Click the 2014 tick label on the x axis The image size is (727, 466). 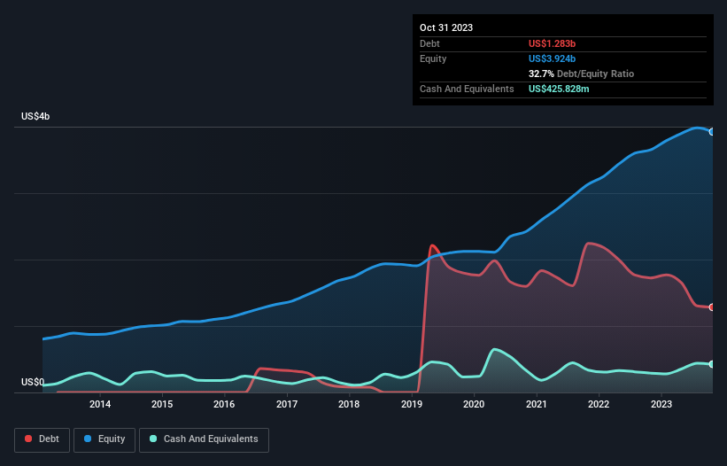pos(100,405)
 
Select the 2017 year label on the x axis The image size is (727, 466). pos(287,405)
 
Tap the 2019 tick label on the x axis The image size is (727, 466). pos(412,405)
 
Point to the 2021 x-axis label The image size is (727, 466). pos(537,405)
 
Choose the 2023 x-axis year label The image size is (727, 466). pos(661,405)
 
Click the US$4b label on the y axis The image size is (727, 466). pos(36,117)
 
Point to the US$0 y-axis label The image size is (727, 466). pos(32,383)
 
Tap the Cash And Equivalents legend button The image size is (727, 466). pos(204,439)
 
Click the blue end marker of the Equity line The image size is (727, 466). pos(712,131)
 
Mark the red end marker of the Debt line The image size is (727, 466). pos(712,307)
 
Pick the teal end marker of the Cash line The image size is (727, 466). pos(712,364)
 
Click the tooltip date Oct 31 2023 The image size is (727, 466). pos(446,27)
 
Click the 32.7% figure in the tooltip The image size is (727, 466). pos(541,74)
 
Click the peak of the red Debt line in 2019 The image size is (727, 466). pos(431,245)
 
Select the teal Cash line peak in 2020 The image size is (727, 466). pos(493,349)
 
